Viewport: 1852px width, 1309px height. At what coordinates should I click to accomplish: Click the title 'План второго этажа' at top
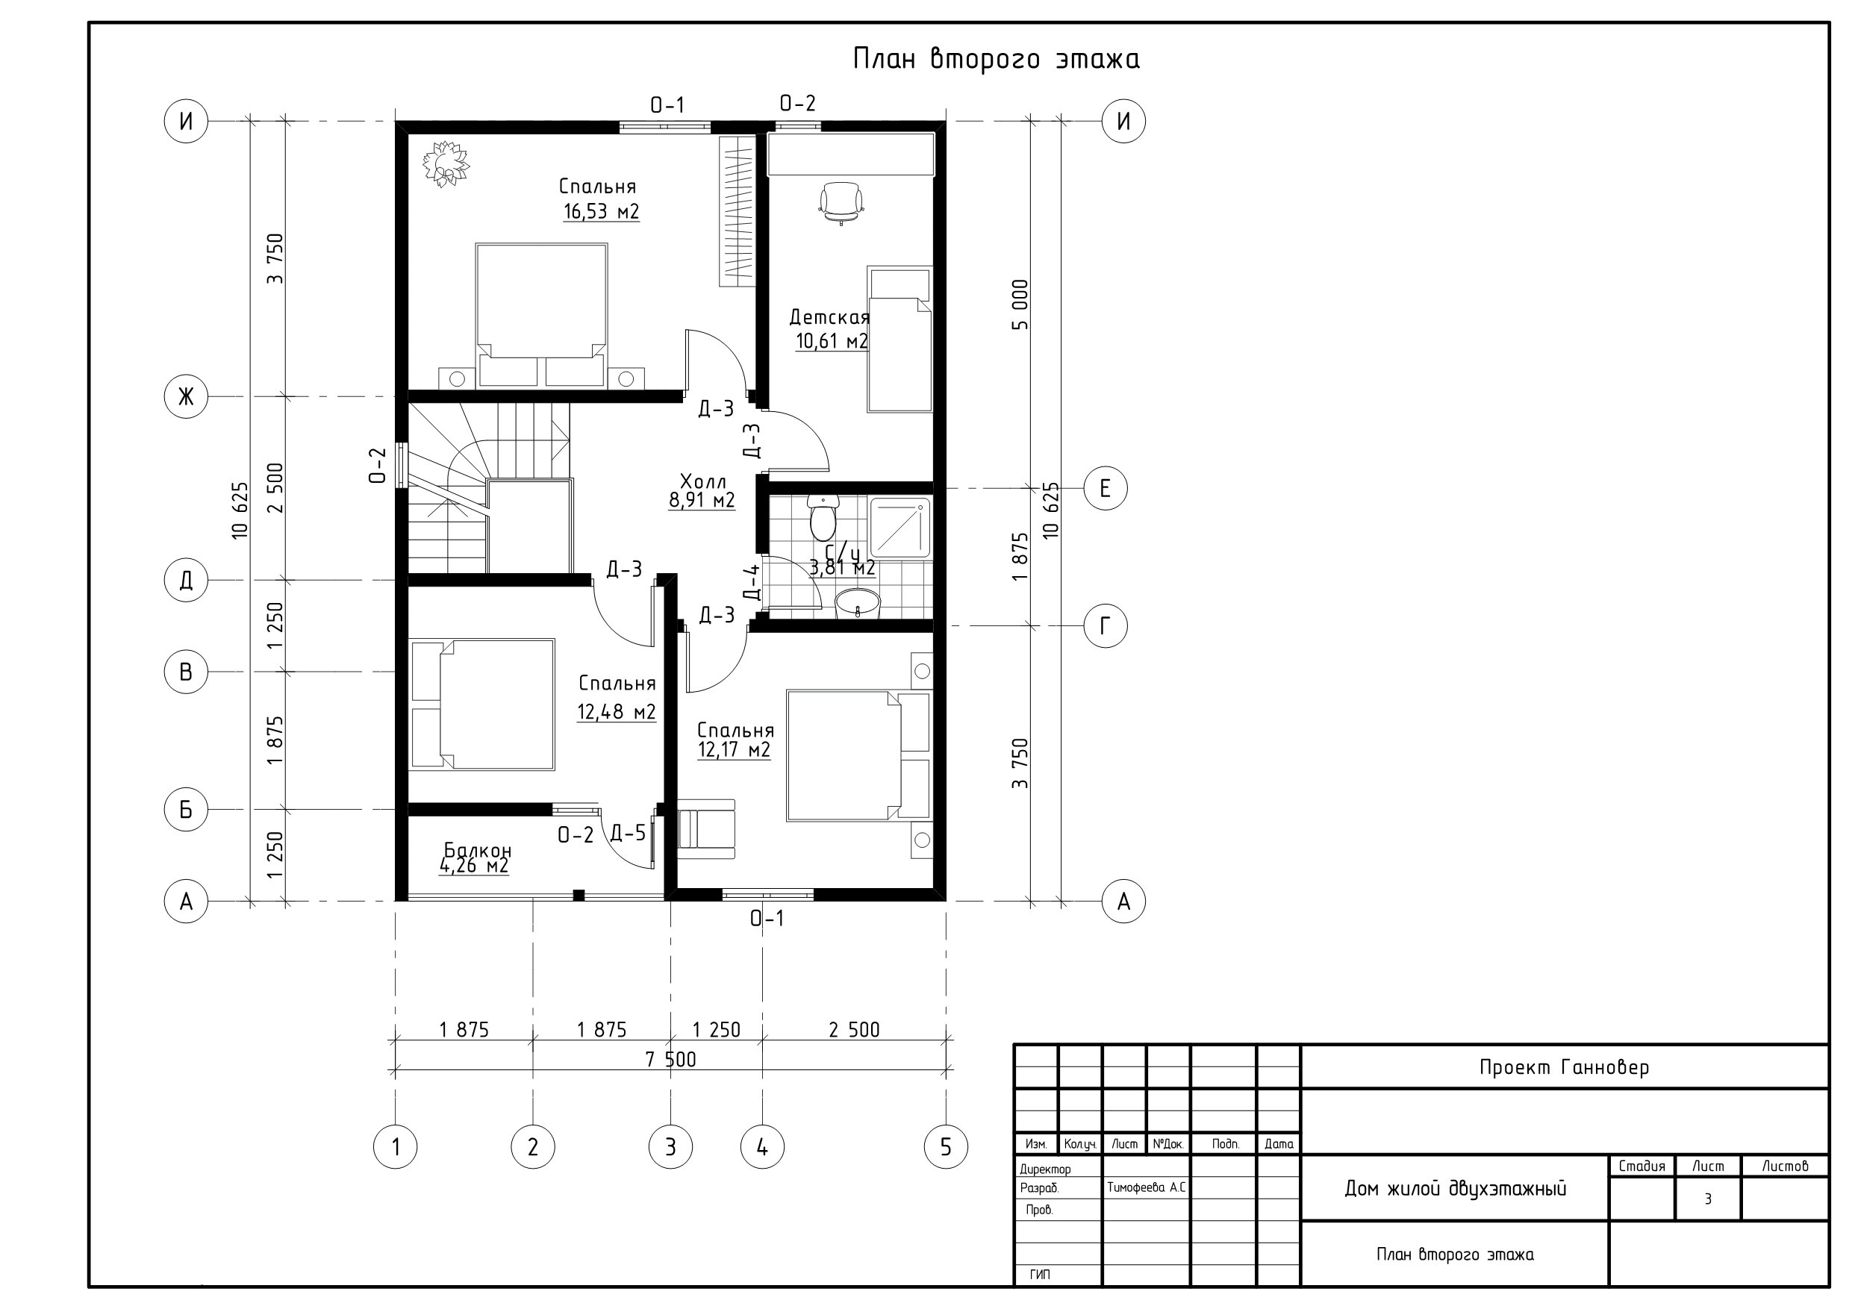pos(997,59)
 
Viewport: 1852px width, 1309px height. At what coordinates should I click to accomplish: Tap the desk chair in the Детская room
pos(841,202)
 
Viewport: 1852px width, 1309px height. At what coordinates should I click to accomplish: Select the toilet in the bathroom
pos(823,518)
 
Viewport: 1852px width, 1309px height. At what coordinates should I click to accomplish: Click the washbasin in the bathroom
pos(858,602)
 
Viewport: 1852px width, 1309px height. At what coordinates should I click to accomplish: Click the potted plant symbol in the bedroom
pos(445,163)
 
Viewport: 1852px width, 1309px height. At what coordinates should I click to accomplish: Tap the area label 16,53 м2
pos(602,212)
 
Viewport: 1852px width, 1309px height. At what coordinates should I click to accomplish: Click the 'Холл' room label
pos(702,481)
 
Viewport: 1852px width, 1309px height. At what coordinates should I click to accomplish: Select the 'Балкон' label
pos(478,850)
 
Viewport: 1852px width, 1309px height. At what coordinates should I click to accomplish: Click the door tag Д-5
pos(629,833)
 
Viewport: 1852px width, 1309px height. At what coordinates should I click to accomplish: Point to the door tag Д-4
pos(752,582)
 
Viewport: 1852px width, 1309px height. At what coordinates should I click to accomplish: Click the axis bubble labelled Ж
pos(187,396)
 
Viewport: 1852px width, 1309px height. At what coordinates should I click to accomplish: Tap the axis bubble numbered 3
pos(670,1146)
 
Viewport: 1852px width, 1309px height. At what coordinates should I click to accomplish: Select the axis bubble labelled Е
pos(1105,488)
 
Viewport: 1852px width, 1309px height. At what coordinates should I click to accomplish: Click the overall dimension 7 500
pos(670,1059)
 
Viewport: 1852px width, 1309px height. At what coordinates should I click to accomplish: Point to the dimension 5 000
pos(1020,305)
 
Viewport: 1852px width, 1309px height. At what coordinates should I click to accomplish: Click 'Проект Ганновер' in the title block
pos(1564,1067)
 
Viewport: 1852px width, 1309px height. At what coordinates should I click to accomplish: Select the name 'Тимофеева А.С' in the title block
pos(1146,1187)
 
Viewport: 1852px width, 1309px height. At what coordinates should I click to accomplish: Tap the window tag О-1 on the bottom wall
pos(767,918)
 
